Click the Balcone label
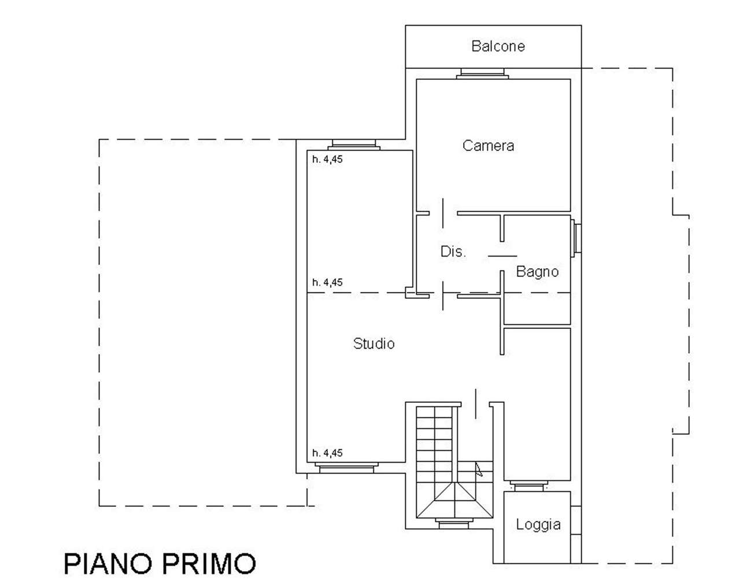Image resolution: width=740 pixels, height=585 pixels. [x=498, y=46]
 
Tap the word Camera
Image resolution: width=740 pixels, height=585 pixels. [x=489, y=146]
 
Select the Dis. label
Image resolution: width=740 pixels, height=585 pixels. [x=453, y=251]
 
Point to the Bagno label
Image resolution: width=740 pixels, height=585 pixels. [x=537, y=272]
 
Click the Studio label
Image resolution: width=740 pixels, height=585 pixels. [x=374, y=343]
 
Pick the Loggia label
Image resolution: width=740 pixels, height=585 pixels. [x=538, y=524]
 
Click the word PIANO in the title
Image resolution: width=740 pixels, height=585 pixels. [x=108, y=564]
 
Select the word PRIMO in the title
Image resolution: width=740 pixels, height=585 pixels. [x=209, y=564]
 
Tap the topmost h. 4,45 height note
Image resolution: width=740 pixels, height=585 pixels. [x=327, y=159]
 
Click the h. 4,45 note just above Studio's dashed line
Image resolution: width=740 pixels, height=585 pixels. [x=327, y=282]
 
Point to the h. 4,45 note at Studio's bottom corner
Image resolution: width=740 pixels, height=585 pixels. [x=327, y=453]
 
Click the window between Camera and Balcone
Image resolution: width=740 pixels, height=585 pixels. [x=482, y=73]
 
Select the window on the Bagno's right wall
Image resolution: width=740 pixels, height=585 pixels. [x=576, y=238]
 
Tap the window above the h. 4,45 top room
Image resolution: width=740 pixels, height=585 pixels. [x=354, y=145]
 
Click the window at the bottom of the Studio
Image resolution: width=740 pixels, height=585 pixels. [x=347, y=468]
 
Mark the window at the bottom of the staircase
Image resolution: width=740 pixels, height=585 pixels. [x=454, y=523]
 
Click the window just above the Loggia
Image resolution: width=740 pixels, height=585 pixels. [x=529, y=486]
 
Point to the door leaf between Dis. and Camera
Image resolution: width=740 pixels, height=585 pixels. [x=443, y=213]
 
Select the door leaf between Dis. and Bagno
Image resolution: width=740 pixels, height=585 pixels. [x=502, y=256]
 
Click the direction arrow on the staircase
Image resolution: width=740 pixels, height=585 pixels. [x=479, y=469]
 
